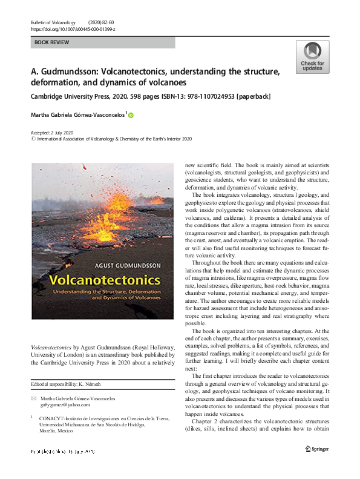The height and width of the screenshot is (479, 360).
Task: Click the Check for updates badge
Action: click(312, 57)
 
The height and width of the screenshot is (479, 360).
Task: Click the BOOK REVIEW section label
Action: click(52, 42)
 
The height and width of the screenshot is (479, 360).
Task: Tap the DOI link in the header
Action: click(73, 28)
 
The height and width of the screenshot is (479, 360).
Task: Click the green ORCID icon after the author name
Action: click(147, 114)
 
